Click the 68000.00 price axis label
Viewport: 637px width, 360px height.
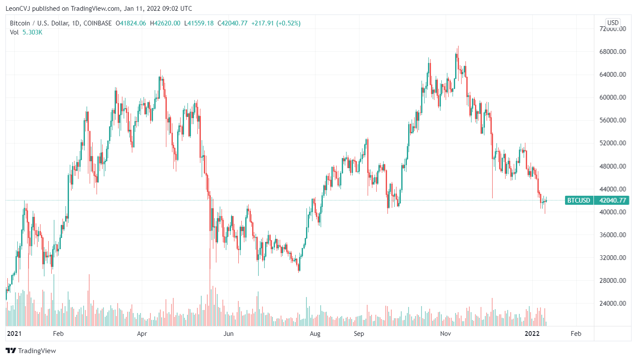(x=612, y=52)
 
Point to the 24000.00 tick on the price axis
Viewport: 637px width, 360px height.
(x=612, y=304)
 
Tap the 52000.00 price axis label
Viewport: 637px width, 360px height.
(x=612, y=143)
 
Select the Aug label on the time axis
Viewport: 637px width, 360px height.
(x=315, y=334)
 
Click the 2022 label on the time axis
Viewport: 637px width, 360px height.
(x=532, y=334)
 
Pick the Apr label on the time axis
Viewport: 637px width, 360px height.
(x=142, y=334)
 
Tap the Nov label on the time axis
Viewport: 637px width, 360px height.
(x=446, y=334)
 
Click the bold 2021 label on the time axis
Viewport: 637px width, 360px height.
(x=14, y=334)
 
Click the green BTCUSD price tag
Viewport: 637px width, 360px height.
(x=578, y=200)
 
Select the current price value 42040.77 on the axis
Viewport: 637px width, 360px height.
(x=612, y=200)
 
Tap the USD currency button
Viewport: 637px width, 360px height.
(x=612, y=23)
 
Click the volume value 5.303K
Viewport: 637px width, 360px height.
(x=32, y=32)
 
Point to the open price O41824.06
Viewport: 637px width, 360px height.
(x=131, y=23)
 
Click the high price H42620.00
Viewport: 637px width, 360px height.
(x=165, y=23)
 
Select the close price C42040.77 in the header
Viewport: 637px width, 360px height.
(x=232, y=23)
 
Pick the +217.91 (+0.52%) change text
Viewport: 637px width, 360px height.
(x=276, y=23)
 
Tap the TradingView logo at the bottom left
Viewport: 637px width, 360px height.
(x=31, y=351)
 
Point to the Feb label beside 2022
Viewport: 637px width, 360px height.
(x=576, y=334)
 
